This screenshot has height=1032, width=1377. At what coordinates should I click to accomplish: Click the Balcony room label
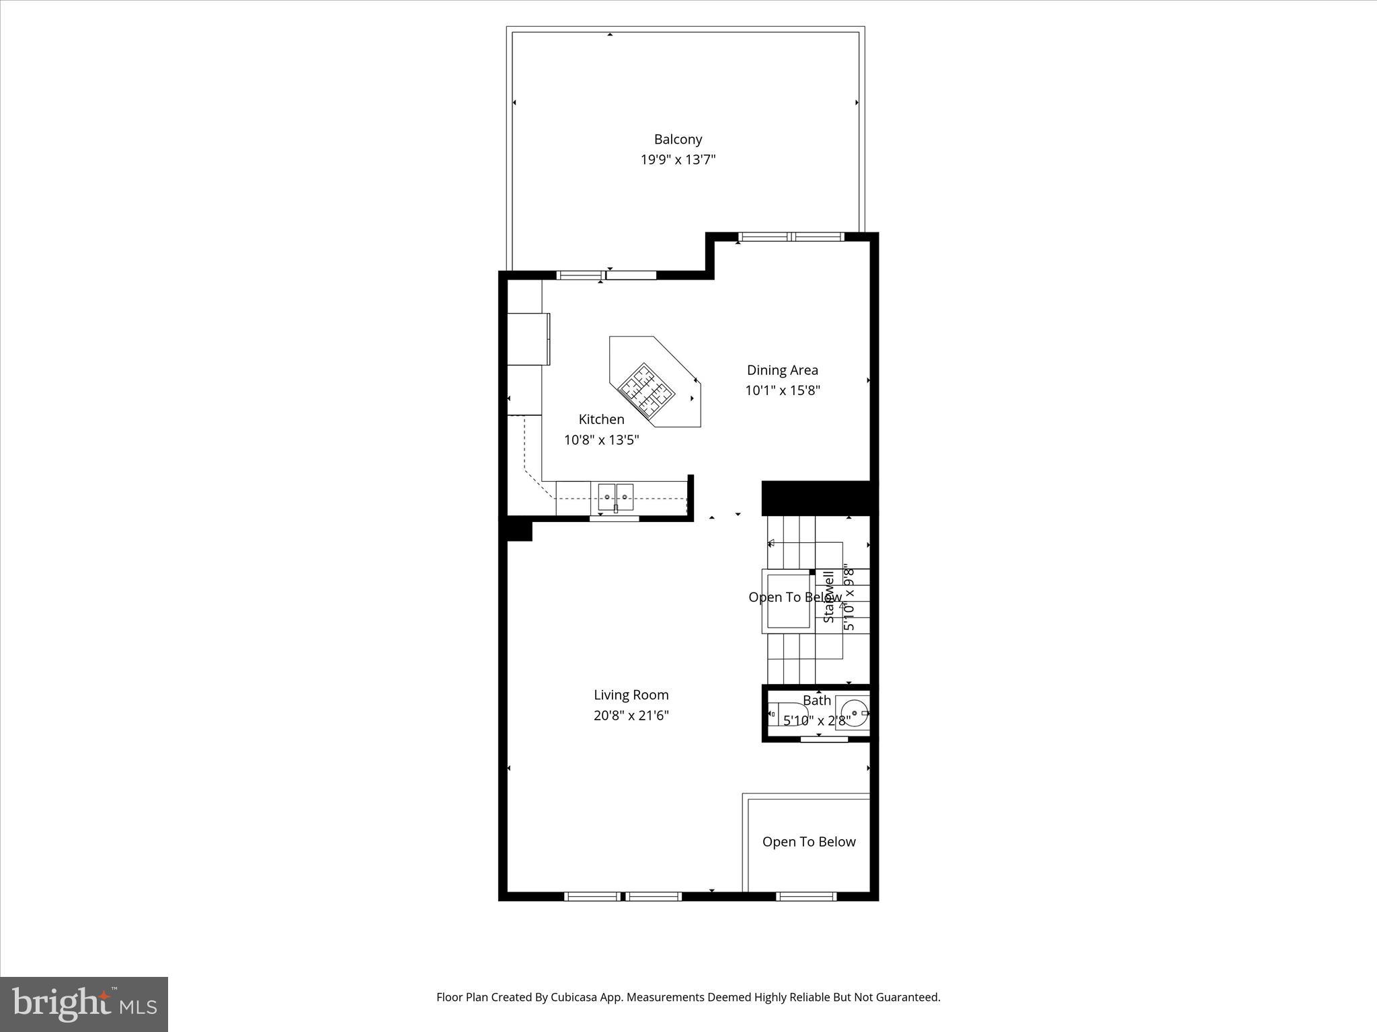(x=678, y=139)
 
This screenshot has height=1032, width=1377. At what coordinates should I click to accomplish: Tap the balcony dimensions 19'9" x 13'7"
(x=678, y=160)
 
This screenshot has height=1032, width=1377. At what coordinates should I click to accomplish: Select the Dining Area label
(x=782, y=370)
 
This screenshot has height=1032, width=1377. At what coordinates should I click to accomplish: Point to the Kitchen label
(x=601, y=419)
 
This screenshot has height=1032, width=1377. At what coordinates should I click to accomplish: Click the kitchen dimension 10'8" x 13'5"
(x=601, y=440)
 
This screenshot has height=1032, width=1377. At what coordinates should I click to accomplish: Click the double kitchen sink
(x=616, y=497)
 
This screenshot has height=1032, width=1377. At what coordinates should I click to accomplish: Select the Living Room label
(x=631, y=695)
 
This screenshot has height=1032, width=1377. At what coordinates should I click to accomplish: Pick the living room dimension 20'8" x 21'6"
(x=631, y=716)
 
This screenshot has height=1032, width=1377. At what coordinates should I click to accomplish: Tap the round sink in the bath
(x=853, y=713)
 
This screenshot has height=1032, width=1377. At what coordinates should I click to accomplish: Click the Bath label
(x=817, y=700)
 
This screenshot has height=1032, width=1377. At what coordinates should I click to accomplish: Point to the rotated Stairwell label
(x=829, y=597)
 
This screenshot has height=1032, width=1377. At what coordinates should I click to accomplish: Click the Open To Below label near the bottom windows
(x=809, y=842)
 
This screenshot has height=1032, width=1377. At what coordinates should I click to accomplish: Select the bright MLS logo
(x=84, y=1004)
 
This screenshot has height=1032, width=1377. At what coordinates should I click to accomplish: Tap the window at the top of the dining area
(x=791, y=236)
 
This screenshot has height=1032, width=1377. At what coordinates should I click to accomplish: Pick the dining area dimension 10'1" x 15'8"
(x=782, y=390)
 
